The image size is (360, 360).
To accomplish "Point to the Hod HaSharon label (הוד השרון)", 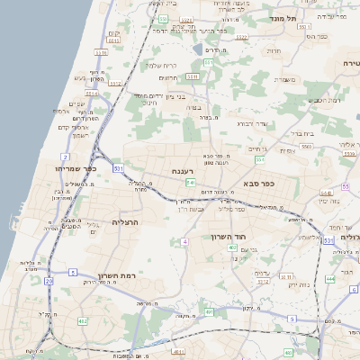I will coord(253,237).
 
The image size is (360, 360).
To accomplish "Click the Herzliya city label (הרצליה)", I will coord(127,221).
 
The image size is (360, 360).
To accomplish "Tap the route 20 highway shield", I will coord(49,281).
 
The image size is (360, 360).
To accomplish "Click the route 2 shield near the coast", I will coord(65,157).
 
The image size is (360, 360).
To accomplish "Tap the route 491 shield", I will coord(176,352).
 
